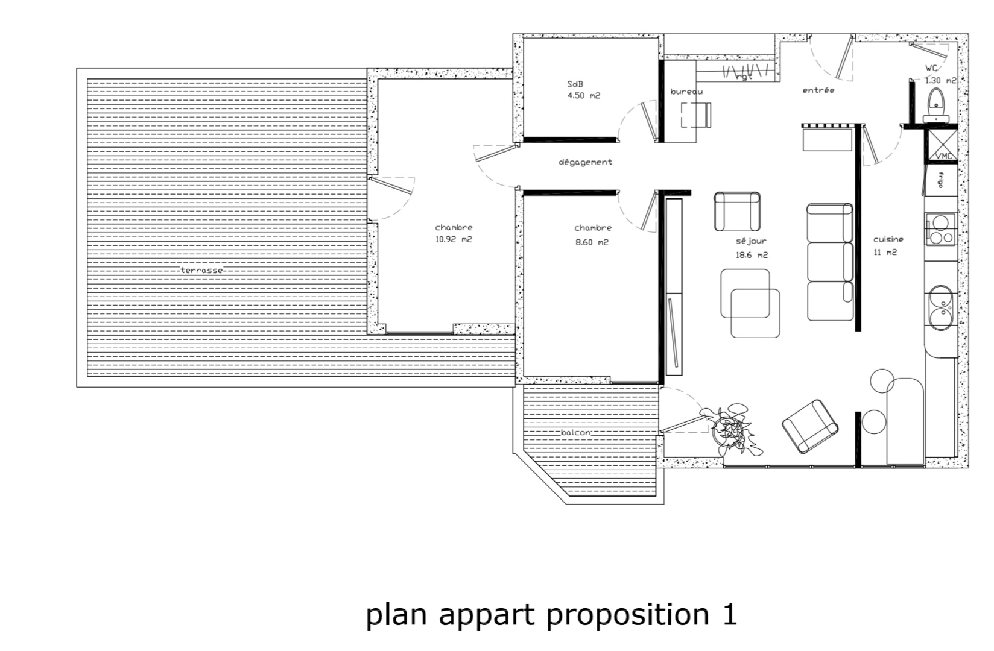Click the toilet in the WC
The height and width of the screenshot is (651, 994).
click(x=936, y=105)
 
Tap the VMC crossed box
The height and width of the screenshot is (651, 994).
click(x=941, y=145)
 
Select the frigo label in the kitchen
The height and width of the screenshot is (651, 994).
click(x=940, y=180)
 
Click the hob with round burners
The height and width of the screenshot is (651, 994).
click(x=940, y=229)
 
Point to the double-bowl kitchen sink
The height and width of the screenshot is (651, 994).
click(x=941, y=308)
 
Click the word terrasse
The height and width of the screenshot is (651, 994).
click(x=202, y=270)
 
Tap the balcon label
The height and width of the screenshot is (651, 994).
click(x=575, y=432)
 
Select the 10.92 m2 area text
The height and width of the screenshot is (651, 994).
click(x=454, y=239)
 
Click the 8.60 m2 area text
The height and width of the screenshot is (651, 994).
click(x=592, y=242)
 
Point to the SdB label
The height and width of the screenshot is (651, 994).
click(x=575, y=84)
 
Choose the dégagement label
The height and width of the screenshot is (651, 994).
click(x=585, y=162)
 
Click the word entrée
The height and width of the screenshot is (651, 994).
click(x=818, y=90)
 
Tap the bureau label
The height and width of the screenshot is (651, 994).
click(x=686, y=92)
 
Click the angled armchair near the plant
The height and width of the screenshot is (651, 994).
click(x=810, y=427)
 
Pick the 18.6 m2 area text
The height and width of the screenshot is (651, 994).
click(x=752, y=255)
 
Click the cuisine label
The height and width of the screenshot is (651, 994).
click(x=888, y=239)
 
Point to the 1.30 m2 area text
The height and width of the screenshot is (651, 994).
click(x=940, y=81)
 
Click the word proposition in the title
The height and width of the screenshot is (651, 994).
click(x=627, y=615)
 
